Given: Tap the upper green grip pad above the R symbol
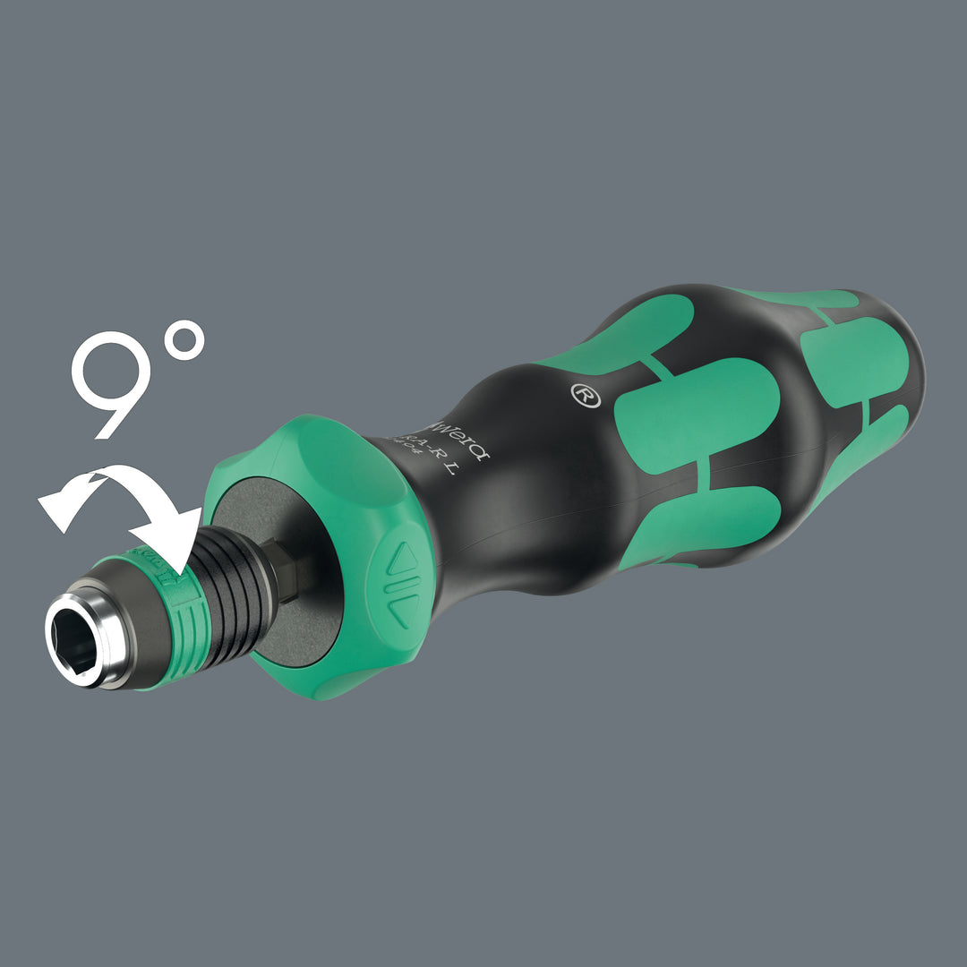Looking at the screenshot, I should (x=627, y=331).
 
